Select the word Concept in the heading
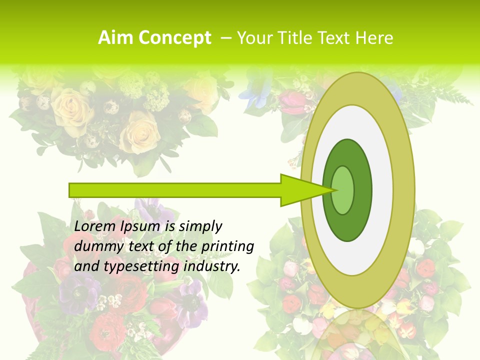pyautogui.click(x=174, y=38)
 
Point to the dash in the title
pyautogui.click(x=225, y=38)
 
